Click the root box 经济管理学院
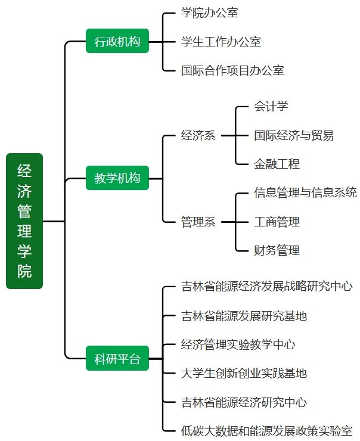pyautogui.click(x=24, y=221)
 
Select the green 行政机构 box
pyautogui.click(x=117, y=42)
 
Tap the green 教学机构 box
pyautogui.click(x=117, y=178)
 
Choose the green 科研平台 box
pyautogui.click(x=117, y=359)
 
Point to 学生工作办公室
pyautogui.click(x=221, y=42)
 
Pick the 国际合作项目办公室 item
pyautogui.click(x=232, y=70)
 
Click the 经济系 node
pyautogui.click(x=198, y=135)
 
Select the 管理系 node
pyautogui.click(x=198, y=222)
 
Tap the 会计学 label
pyautogui.click(x=271, y=107)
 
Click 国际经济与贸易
pyautogui.click(x=294, y=135)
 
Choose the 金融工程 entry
pyautogui.click(x=277, y=164)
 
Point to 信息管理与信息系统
pyautogui.click(x=305, y=192)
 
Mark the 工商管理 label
pyautogui.click(x=277, y=222)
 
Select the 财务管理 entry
pyautogui.click(x=277, y=250)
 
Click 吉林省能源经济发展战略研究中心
pyautogui.click(x=266, y=286)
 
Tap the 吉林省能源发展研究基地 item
pyautogui.click(x=244, y=315)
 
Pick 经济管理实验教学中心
pyautogui.click(x=238, y=344)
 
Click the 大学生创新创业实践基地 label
pyautogui.click(x=244, y=373)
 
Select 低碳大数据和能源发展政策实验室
pyautogui.click(x=266, y=430)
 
